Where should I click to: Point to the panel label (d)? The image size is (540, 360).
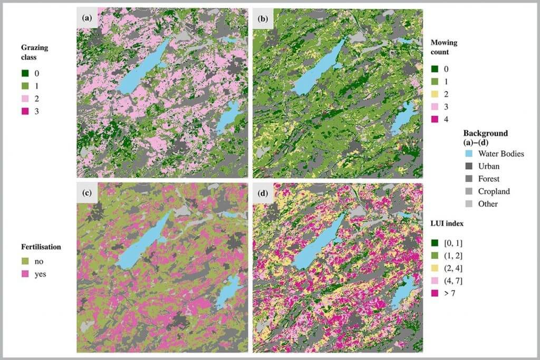click(x=263, y=193)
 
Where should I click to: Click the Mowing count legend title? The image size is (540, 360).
click(x=442, y=47)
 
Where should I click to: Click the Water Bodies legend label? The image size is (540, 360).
click(x=500, y=154)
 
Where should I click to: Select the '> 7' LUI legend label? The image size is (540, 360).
click(x=448, y=293)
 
